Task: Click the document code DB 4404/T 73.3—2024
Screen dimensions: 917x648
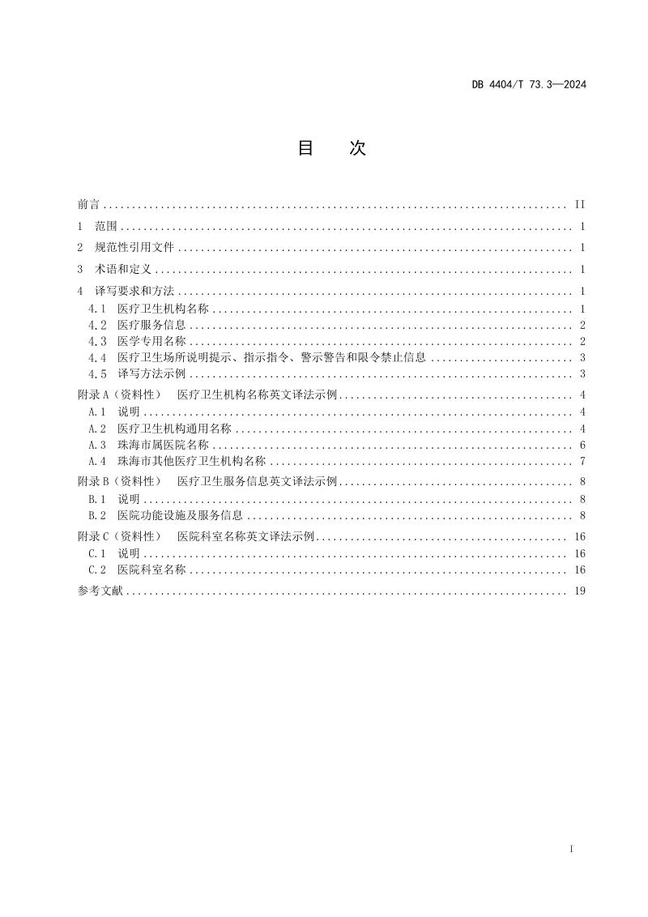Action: coord(528,83)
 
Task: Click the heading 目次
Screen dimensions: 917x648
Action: coord(331,148)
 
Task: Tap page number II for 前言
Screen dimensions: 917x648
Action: coord(579,204)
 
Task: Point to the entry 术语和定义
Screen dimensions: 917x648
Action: coord(123,269)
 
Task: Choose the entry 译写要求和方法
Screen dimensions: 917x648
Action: coord(134,291)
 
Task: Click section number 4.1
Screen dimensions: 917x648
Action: coord(97,309)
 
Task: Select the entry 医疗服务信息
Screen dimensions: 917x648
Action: coord(151,325)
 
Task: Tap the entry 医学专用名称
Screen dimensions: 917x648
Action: coord(151,341)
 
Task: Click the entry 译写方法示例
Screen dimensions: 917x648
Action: coord(151,373)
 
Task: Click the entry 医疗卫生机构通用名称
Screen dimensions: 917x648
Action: coord(174,429)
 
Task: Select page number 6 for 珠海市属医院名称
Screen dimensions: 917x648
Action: coord(582,445)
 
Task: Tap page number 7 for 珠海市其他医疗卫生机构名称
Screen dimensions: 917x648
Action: coord(582,461)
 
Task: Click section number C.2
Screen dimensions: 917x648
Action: coord(97,569)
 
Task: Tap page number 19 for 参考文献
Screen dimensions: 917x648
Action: coord(579,591)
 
